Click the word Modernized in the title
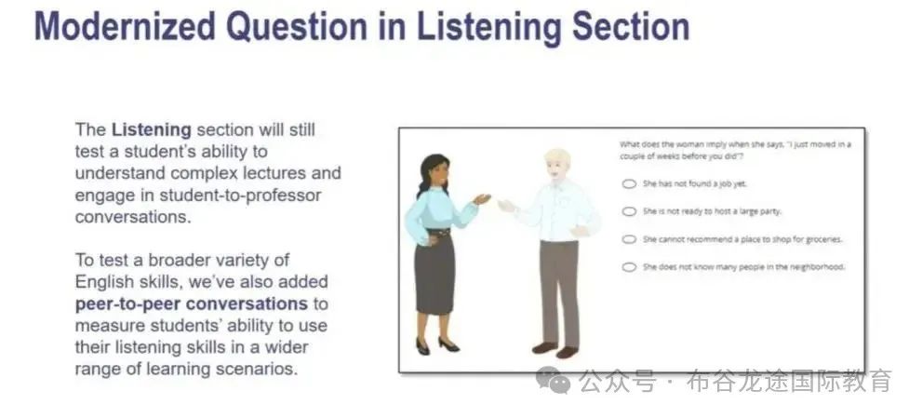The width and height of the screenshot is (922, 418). pos(123,26)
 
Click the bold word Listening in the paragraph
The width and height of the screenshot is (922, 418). pos(152,130)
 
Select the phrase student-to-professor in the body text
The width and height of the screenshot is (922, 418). pos(241,196)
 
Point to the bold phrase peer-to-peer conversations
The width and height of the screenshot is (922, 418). pos(191,304)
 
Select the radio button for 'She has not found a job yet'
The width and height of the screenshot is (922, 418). pos(629,183)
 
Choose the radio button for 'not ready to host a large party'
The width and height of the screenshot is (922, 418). pos(629,211)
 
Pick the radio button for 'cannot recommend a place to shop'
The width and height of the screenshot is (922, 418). pos(629,239)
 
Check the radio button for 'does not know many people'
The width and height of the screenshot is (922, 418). pos(629,266)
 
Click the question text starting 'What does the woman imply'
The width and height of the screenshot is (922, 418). pos(735,150)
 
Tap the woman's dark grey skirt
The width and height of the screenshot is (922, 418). pos(434,273)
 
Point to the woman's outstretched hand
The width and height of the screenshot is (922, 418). pos(482,199)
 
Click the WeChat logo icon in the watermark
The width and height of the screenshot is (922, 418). pos(553,380)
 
